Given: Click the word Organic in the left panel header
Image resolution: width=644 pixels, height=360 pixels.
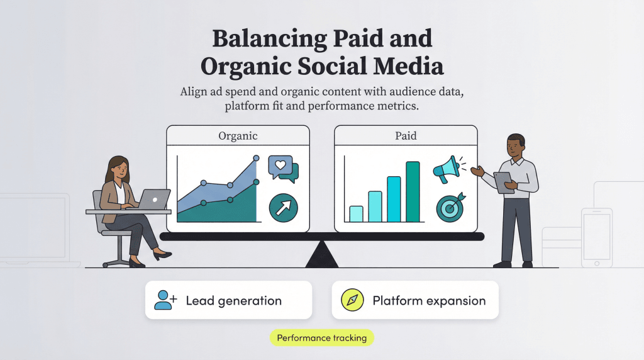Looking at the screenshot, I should (x=238, y=136).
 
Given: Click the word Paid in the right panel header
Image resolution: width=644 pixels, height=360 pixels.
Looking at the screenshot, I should (x=406, y=136).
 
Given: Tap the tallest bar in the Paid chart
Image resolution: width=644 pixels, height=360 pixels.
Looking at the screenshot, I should (x=413, y=192).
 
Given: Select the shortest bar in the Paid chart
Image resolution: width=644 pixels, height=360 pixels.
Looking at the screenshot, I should (x=356, y=214).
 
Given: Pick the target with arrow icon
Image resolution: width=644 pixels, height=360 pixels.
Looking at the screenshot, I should (x=449, y=206).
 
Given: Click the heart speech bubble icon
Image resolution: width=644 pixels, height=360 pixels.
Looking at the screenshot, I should (x=282, y=168).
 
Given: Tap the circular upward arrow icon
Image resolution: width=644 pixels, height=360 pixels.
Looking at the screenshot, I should (x=283, y=208).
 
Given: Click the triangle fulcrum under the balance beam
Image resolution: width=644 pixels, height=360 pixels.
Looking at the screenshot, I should (x=321, y=254).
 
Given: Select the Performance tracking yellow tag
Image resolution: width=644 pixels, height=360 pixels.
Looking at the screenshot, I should (x=322, y=338).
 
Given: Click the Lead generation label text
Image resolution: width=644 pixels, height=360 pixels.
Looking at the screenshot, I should (x=233, y=300).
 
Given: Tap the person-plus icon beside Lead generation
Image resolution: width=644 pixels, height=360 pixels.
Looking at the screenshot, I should (x=165, y=300).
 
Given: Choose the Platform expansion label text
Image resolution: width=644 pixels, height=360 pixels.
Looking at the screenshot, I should (x=429, y=300).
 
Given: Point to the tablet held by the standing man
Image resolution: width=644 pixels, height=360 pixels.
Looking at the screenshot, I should (x=503, y=182).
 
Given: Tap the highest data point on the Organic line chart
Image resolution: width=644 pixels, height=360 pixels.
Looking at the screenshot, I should (x=255, y=159).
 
